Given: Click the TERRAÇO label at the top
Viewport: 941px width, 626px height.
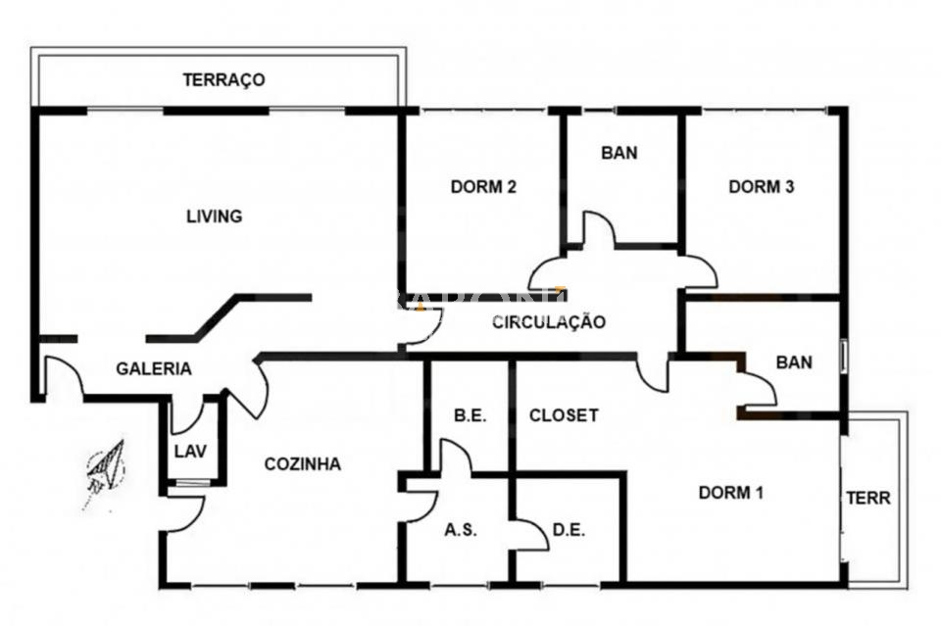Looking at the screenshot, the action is [223, 79].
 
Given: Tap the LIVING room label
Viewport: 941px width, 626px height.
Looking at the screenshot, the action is [215, 216].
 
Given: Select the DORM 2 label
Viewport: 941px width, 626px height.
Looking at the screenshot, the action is [483, 187].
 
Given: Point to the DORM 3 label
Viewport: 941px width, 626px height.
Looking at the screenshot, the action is [761, 187].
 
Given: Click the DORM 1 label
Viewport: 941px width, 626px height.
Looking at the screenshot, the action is [731, 493].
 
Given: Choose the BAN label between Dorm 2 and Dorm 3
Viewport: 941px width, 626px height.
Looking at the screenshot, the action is [619, 153].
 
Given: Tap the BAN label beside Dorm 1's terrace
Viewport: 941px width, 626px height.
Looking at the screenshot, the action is [794, 362].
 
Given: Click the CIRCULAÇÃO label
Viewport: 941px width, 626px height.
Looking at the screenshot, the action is [549, 322].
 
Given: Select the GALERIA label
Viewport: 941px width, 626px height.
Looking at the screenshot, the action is [154, 368].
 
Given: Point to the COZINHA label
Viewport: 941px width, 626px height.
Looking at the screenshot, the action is [303, 464].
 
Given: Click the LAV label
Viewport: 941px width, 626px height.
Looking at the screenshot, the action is [190, 451].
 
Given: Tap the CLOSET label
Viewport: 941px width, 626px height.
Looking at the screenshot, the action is [564, 415].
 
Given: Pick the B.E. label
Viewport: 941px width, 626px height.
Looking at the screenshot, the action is [470, 415].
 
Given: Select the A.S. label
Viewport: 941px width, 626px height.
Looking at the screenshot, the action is [461, 530].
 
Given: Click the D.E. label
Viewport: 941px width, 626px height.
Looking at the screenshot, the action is [569, 530].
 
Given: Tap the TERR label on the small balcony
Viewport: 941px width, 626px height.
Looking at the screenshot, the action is [868, 498].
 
